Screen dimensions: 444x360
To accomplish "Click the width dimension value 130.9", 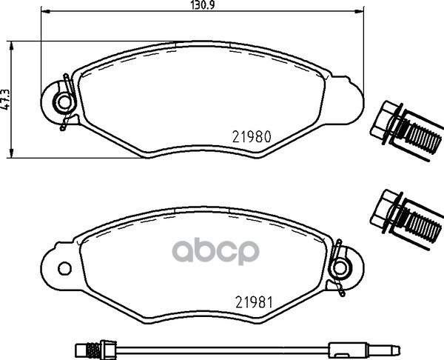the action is click(202, 5).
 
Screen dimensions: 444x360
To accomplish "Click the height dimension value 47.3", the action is click(6, 99).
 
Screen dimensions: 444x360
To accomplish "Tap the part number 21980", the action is click(252, 136).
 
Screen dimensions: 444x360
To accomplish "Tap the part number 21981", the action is click(254, 302).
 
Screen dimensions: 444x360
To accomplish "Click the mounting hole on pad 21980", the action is click(65, 103).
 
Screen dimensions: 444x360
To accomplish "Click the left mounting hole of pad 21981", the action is click(64, 268).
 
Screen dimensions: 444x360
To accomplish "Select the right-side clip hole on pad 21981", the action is click(340, 268).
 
